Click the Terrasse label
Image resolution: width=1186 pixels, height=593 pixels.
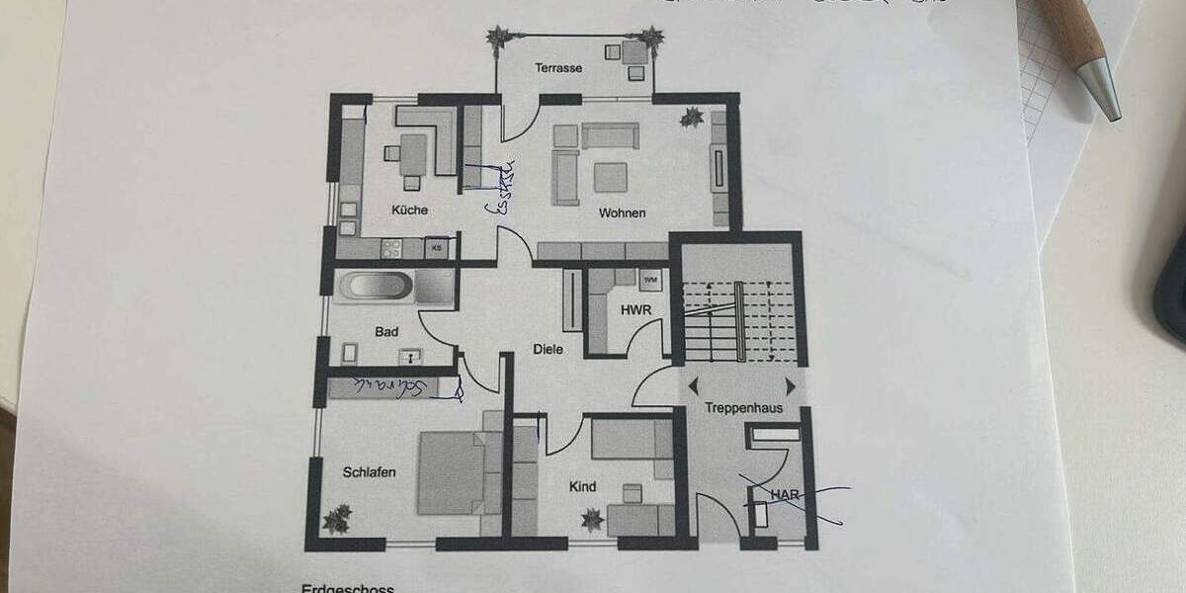[558, 68]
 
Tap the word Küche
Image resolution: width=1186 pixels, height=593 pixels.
[409, 210]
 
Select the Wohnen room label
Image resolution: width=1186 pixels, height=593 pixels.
[621, 212]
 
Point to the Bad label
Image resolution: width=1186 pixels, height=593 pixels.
[385, 332]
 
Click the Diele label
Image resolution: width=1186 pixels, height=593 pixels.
[549, 348]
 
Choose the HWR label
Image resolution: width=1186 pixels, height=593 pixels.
[634, 310]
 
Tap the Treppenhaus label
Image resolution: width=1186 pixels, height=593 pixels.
[737, 407]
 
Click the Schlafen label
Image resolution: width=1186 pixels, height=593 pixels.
[370, 472]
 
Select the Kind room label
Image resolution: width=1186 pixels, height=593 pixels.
[583, 486]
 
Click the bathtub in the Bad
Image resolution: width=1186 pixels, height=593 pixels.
[376, 288]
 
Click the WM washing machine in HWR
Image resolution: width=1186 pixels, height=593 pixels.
[650, 280]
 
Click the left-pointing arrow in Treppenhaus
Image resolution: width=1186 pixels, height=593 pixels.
[693, 385]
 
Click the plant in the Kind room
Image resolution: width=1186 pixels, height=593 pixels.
[592, 518]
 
